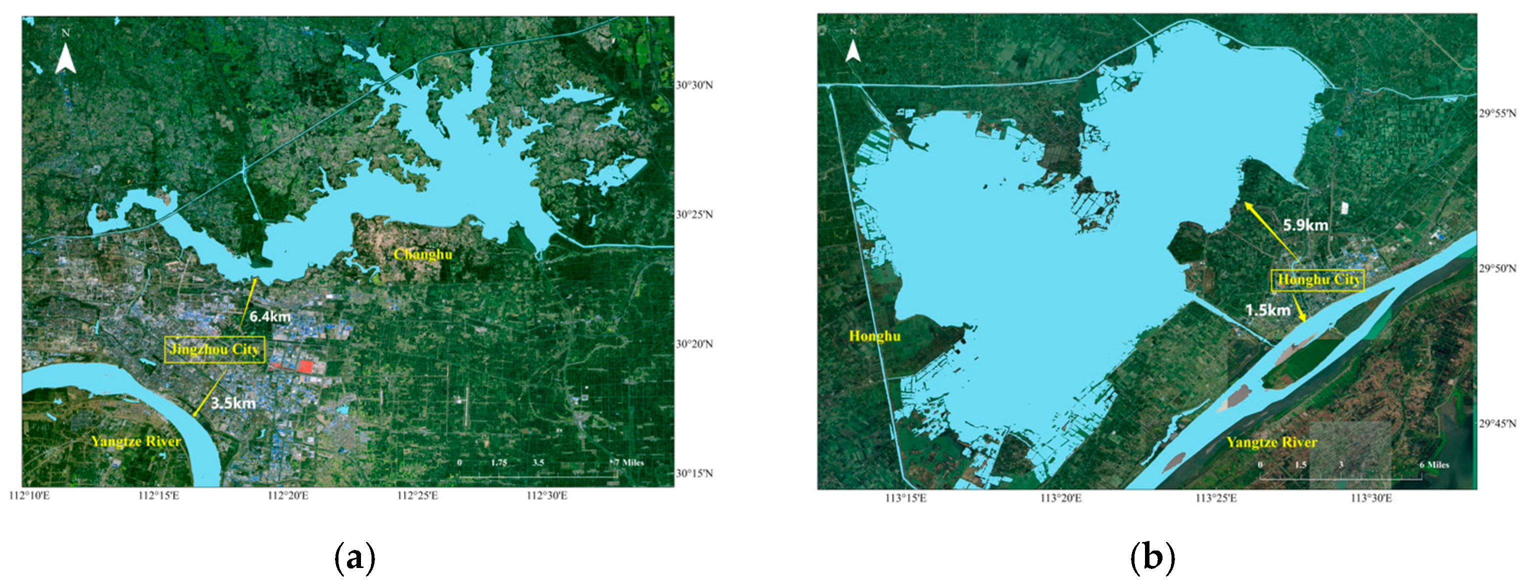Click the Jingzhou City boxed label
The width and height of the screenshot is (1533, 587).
click(x=214, y=349)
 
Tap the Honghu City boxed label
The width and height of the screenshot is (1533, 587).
click(x=1318, y=280)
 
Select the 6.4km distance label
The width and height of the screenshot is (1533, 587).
click(x=269, y=316)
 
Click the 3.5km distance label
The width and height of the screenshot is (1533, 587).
click(x=232, y=403)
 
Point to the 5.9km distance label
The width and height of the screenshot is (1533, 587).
click(x=1305, y=225)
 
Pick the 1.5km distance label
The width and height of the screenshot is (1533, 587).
click(x=1267, y=310)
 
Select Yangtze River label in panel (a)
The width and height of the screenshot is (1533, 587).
click(x=135, y=441)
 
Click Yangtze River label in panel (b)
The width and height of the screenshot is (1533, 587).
click(x=1271, y=442)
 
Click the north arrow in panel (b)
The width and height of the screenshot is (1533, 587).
click(x=853, y=49)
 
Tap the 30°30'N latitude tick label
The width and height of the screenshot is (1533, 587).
click(x=694, y=85)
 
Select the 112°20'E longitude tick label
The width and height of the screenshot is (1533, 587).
click(x=288, y=496)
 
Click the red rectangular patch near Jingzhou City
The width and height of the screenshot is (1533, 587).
click(x=305, y=366)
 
